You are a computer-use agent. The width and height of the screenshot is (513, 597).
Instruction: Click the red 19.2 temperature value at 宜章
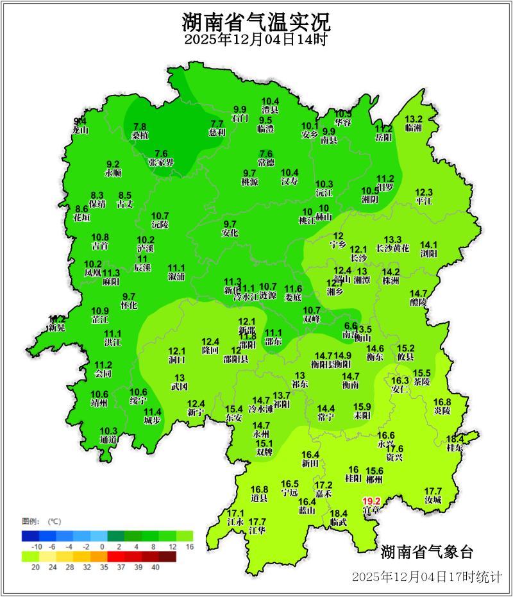click(x=372, y=501)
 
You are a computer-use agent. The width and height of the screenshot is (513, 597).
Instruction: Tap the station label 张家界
click(x=161, y=162)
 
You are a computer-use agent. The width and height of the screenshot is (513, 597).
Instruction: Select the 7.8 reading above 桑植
click(x=140, y=126)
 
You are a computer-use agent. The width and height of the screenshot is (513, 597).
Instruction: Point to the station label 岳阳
click(x=383, y=137)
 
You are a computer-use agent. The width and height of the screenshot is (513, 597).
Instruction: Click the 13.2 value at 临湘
click(x=414, y=119)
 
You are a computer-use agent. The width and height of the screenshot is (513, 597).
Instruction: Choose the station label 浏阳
click(x=428, y=254)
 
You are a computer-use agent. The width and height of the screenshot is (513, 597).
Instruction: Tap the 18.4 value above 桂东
click(x=454, y=439)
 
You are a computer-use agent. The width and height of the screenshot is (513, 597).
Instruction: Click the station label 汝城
click(x=433, y=500)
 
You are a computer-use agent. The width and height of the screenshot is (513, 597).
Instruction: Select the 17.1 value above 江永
click(x=236, y=514)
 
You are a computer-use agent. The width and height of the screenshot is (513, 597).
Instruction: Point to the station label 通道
click(x=109, y=439)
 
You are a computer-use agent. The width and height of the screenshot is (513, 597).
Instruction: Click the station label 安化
click(x=230, y=233)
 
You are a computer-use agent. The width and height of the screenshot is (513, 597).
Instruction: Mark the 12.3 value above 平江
click(x=424, y=192)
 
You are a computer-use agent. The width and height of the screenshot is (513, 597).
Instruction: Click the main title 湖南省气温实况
click(x=256, y=23)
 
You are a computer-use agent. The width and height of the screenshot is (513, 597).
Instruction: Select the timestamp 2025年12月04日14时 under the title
click(x=256, y=40)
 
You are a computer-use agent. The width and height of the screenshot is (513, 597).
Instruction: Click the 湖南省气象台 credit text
click(x=426, y=551)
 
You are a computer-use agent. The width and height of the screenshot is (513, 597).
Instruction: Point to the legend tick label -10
click(x=37, y=546)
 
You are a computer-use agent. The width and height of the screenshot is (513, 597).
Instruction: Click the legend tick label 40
click(x=155, y=566)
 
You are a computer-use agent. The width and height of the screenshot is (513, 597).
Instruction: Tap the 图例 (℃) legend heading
click(x=41, y=520)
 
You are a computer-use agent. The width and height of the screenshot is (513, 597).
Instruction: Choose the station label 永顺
click(x=113, y=173)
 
